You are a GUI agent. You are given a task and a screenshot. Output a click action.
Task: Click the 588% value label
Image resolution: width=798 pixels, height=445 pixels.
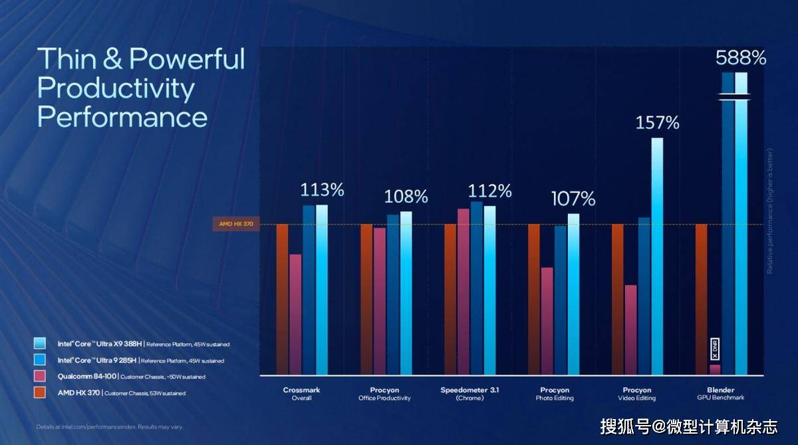(741, 58)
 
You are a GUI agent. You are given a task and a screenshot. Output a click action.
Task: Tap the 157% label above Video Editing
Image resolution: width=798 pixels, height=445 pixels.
(657, 123)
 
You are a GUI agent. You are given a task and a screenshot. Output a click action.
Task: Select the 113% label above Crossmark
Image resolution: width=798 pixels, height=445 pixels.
(322, 190)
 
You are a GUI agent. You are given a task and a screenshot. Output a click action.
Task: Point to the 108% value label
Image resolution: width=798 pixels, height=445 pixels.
(406, 197)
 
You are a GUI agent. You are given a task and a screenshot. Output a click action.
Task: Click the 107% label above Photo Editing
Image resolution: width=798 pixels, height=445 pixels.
(573, 199)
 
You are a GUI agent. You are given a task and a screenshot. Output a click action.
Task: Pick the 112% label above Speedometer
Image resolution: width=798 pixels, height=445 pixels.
(489, 191)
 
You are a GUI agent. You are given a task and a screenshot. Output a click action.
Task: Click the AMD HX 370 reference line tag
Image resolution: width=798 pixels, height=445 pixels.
(235, 224)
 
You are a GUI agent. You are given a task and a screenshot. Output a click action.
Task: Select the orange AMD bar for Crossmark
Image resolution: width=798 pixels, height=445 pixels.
(283, 299)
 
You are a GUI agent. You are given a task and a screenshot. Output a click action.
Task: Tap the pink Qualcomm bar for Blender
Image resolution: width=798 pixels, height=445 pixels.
(715, 369)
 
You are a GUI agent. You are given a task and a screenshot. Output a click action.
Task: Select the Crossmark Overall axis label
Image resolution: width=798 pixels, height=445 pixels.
(302, 394)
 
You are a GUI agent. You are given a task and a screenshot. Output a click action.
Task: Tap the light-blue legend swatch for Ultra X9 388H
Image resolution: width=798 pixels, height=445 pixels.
(41, 343)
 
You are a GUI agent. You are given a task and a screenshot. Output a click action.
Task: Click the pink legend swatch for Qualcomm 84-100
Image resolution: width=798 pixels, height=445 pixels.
(41, 377)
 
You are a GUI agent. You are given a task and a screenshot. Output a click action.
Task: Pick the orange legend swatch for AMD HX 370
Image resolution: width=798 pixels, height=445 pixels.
(41, 393)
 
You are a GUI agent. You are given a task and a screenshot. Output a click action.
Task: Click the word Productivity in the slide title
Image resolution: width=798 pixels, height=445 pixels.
(116, 88)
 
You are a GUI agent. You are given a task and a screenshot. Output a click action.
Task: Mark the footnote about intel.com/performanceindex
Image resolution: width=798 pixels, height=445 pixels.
(110, 426)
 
